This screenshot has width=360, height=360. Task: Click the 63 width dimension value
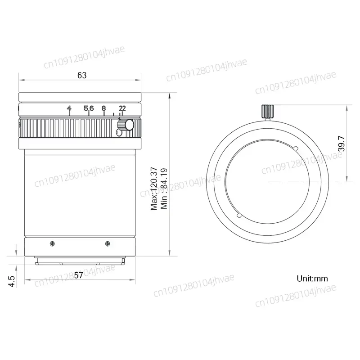point(81,76)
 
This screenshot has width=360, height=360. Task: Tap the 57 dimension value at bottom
point(78,276)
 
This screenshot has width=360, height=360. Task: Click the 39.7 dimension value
point(341,143)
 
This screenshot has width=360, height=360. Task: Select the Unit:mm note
point(312,278)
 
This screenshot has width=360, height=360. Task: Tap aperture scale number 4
point(69,108)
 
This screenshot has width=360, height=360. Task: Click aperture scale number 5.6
point(89,108)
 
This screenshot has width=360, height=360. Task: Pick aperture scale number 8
point(103,108)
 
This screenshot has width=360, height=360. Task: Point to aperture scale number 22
point(122,108)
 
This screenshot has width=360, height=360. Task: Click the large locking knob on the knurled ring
point(130,125)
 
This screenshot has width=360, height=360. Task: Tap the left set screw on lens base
point(53,243)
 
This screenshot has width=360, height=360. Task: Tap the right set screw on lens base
point(107,243)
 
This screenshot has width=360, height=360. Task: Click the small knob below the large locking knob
point(119,132)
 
